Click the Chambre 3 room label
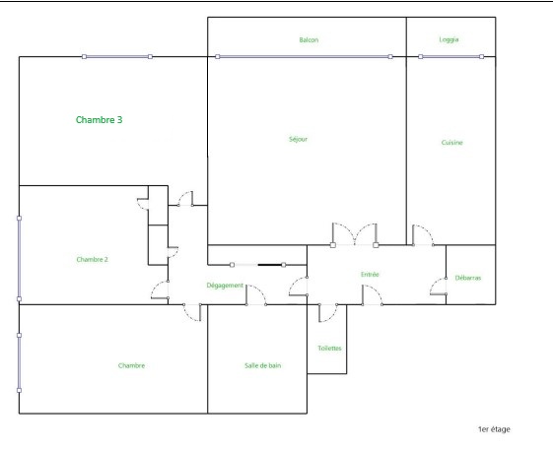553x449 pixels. pos(100,120)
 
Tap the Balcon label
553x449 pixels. pos(309,40)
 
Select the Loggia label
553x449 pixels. pos(449,39)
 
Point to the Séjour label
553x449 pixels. pos(298,139)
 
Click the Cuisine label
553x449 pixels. pos(451,142)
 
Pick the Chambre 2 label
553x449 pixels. pos(92,260)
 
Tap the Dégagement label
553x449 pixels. pos(225,286)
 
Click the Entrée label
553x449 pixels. pos(370,275)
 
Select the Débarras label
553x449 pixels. pos(468,278)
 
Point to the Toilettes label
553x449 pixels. pos(329,349)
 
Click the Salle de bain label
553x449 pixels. pos(263,365)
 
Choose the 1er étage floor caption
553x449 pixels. pos(494,429)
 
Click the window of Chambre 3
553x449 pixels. pos(117,57)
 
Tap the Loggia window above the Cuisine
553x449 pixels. pos(450,57)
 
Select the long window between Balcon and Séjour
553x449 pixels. pos(304,57)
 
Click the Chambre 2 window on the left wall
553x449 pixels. pos(19,259)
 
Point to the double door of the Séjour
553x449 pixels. pos(355,234)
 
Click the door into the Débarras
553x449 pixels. pos(439,287)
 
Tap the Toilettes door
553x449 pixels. pos(327,313)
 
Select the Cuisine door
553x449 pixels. pos(423,235)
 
